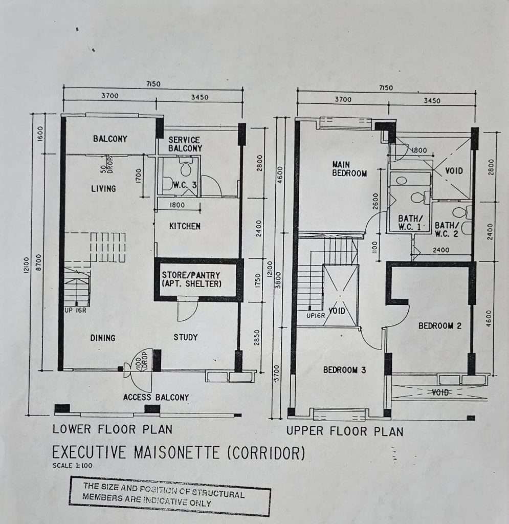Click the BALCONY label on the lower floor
pos(110,139)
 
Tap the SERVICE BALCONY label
pos(185,144)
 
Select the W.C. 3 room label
pos(184,185)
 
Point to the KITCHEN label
pos(185,226)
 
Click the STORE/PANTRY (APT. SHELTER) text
pos(191,279)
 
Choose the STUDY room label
pos(185,337)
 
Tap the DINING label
pos(102,338)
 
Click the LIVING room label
pos(103,189)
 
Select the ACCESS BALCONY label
pos(156,397)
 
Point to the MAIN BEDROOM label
pos(349,169)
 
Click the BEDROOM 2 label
pos(440,325)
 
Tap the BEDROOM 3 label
pos(344,370)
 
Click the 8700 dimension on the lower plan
pos(39,263)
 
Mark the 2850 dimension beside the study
pos(257,338)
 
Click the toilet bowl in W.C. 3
pos(186,167)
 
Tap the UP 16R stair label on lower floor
pos(76,310)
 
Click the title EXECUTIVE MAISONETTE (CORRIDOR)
pos(179,453)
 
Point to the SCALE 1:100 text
pos(73,466)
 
